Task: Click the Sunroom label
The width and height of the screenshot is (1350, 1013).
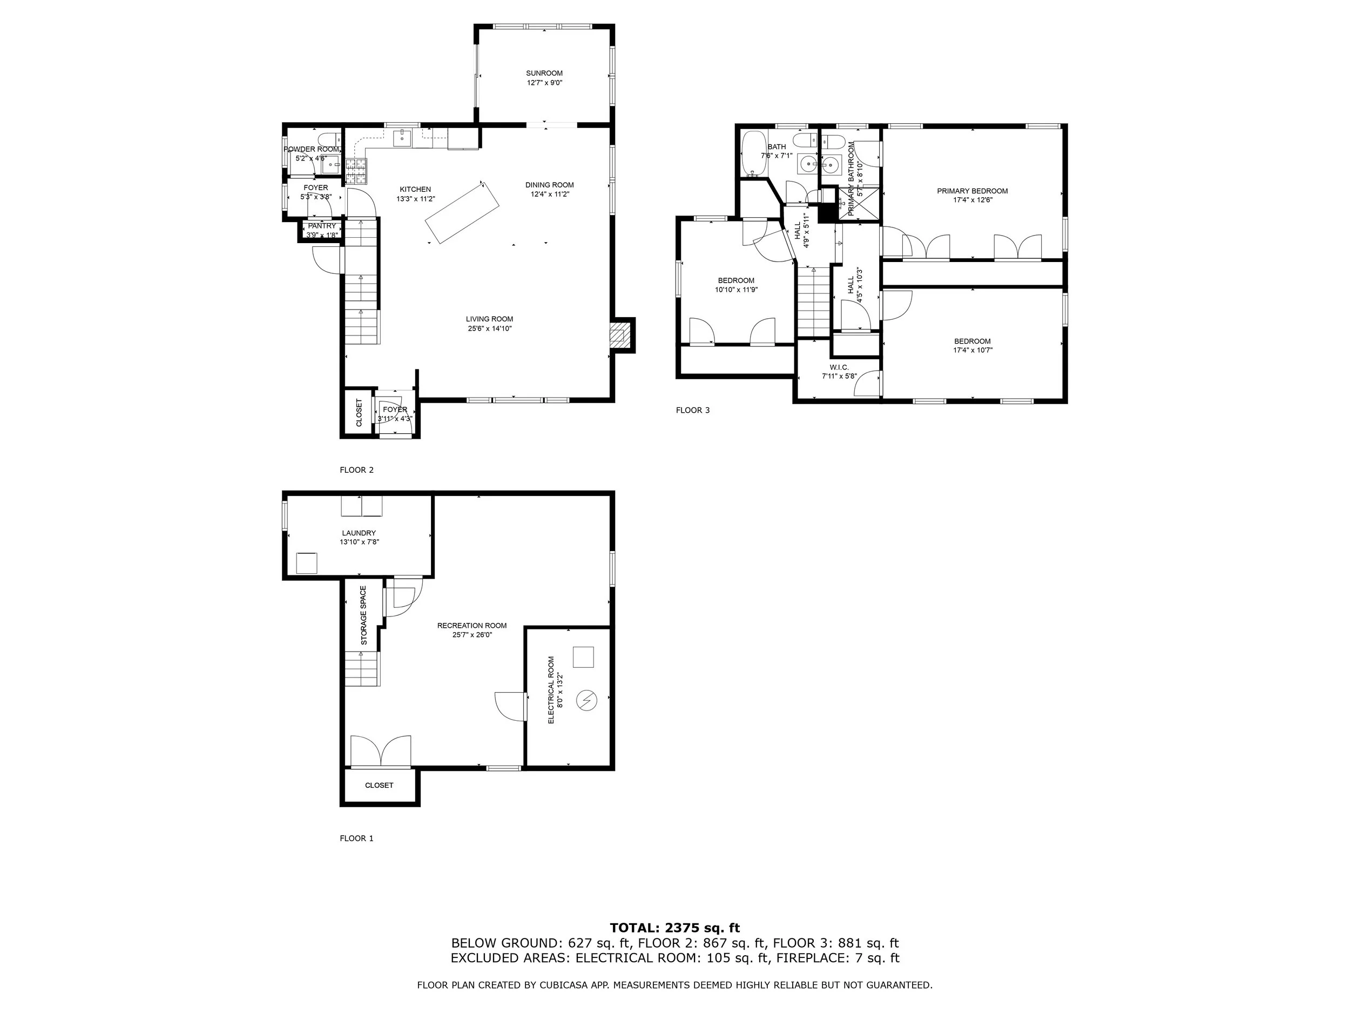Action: (544, 73)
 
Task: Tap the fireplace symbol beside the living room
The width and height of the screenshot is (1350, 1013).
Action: (620, 335)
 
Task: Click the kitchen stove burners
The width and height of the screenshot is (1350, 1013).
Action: (357, 172)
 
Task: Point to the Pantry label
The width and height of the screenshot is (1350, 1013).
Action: (322, 226)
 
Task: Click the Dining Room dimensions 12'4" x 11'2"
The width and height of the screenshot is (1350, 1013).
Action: (549, 194)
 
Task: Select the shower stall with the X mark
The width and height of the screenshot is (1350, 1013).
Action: (858, 203)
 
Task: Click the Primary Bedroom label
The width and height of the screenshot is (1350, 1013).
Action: (972, 191)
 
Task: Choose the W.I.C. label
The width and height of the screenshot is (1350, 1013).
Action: (839, 367)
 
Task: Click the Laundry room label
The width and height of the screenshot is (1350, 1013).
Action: (359, 533)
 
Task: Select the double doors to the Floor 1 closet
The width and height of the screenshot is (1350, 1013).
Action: (381, 751)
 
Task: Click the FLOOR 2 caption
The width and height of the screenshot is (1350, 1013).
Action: (356, 470)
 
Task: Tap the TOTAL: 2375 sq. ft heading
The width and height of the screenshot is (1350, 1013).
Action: (674, 928)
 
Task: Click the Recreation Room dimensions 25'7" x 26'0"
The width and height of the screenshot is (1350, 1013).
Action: (472, 635)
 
